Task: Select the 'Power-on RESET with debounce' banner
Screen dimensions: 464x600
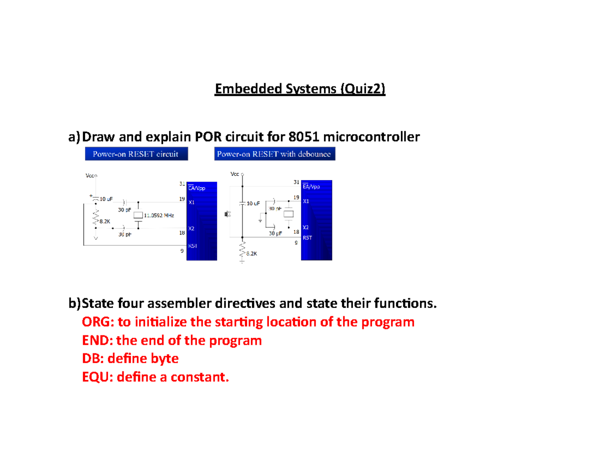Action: click(x=274, y=154)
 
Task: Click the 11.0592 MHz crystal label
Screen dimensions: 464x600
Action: click(x=159, y=215)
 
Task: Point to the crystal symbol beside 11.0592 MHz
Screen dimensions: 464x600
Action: click(x=138, y=215)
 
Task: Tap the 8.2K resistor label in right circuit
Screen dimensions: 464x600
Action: click(x=251, y=253)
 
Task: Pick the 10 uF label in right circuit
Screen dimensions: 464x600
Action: click(x=253, y=204)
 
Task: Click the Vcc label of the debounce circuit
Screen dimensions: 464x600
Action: click(x=234, y=174)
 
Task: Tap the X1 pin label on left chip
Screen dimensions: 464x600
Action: click(x=191, y=203)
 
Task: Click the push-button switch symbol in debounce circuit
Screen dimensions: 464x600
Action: click(x=227, y=215)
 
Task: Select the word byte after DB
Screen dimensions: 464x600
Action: click(x=163, y=359)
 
